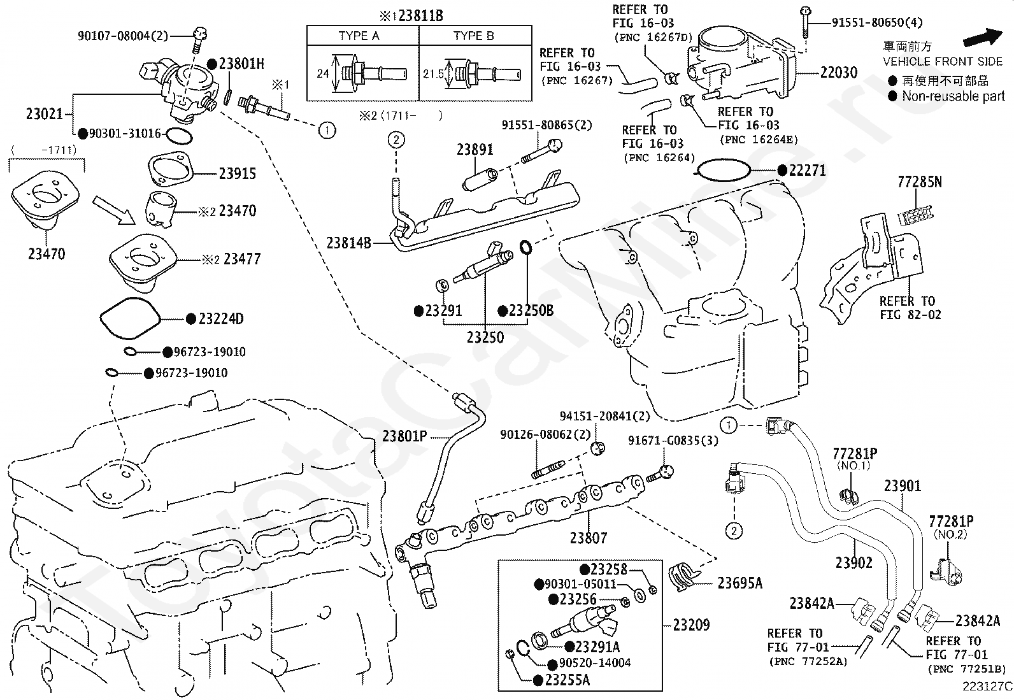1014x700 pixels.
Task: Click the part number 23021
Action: [x=45, y=113]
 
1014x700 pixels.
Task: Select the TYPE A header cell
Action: [x=362, y=35]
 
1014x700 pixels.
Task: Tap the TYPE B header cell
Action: [x=475, y=35]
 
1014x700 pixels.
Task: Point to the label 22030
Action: [x=839, y=73]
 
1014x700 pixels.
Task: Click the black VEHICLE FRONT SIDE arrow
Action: [x=983, y=37]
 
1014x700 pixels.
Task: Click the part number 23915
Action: [x=237, y=173]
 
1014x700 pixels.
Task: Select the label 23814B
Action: [x=348, y=243]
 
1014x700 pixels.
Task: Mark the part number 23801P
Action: [x=404, y=436]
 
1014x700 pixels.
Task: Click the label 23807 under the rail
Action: [x=588, y=538]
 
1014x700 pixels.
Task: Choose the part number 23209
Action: [x=691, y=625]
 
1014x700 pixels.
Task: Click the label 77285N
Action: [x=919, y=182]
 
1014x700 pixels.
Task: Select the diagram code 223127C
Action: [x=987, y=687]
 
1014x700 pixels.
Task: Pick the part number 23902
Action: [x=853, y=563]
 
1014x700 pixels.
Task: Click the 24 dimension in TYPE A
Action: [x=323, y=74]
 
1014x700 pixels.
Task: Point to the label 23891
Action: [x=475, y=150]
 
